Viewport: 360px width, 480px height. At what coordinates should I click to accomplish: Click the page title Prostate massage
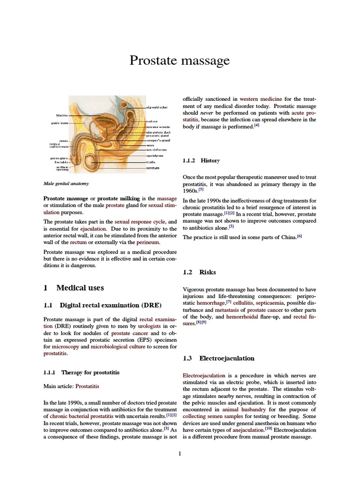pyautogui.click(x=180, y=60)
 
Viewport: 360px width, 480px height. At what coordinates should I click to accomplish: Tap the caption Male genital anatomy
pyautogui.click(x=66, y=184)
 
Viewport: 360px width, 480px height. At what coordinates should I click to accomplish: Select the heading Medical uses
pyautogui.click(x=80, y=288)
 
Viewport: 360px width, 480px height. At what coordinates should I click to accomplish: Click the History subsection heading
pyautogui.click(x=210, y=160)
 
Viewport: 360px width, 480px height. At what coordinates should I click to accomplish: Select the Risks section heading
pyautogui.click(x=207, y=272)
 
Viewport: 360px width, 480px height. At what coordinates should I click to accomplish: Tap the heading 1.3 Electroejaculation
pyautogui.click(x=226, y=358)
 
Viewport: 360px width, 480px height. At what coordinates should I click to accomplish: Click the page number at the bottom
pyautogui.click(x=180, y=454)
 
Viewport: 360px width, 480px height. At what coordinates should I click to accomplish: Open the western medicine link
pyautogui.click(x=261, y=99)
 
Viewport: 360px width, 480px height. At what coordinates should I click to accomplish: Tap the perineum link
pyautogui.click(x=148, y=242)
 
